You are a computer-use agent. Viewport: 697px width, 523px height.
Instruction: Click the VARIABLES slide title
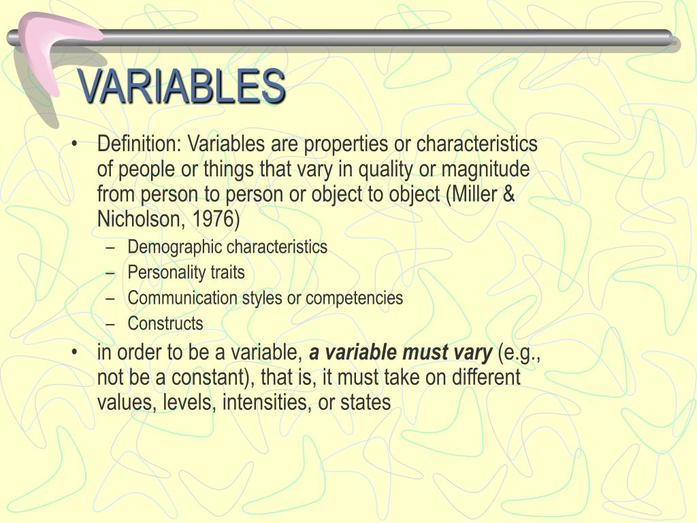point(181,86)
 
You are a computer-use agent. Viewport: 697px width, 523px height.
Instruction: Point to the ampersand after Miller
point(508,194)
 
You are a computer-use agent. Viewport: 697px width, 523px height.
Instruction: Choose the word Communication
point(182,298)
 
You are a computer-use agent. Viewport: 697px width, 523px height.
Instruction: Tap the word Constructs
point(165,323)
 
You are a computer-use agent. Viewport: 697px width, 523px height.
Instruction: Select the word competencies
point(354,298)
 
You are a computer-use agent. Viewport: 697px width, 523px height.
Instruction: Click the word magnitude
point(485,170)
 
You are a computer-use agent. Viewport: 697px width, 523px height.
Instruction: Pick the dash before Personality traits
point(111,272)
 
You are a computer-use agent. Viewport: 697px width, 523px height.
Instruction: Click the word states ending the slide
point(366,402)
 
